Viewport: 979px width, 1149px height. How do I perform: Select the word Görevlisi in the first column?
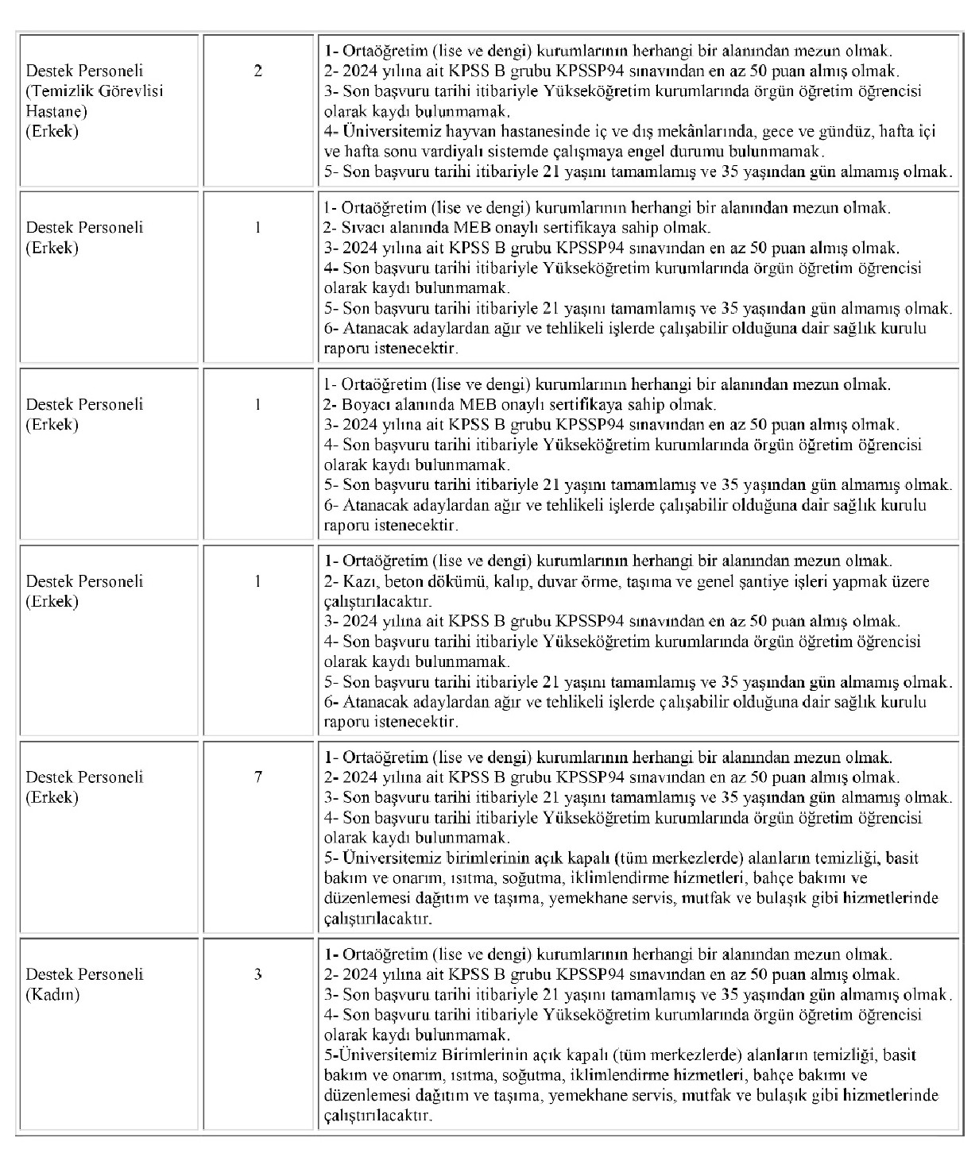[130, 91]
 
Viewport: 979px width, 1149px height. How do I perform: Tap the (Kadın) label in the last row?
[52, 994]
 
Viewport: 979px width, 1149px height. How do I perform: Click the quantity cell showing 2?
[258, 71]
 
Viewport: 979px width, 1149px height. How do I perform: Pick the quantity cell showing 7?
[258, 777]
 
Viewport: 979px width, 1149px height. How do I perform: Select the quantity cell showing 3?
[258, 974]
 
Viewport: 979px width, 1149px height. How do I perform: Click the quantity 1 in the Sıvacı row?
[258, 227]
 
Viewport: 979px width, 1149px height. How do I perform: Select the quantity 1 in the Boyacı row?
[258, 404]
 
